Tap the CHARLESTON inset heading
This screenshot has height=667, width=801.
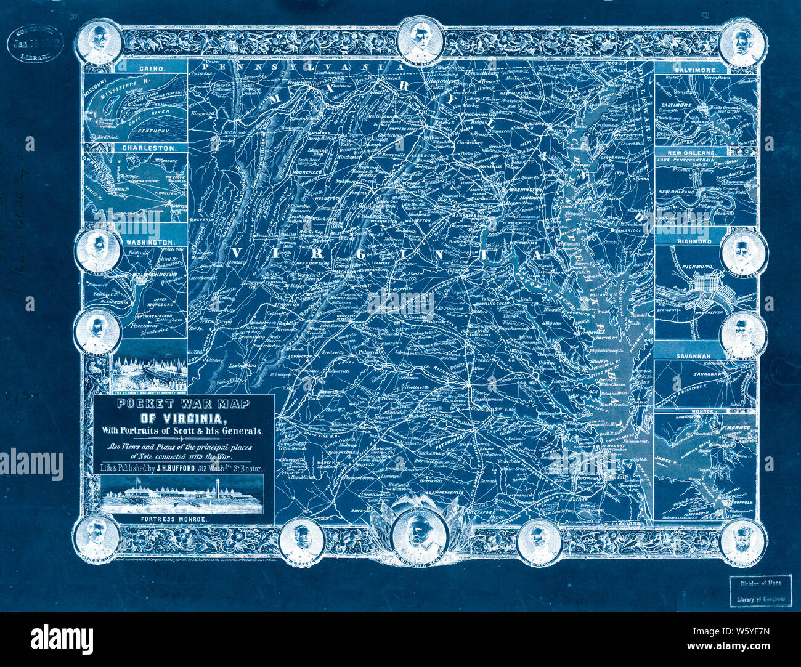(145, 148)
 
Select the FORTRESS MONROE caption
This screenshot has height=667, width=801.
(184, 519)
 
